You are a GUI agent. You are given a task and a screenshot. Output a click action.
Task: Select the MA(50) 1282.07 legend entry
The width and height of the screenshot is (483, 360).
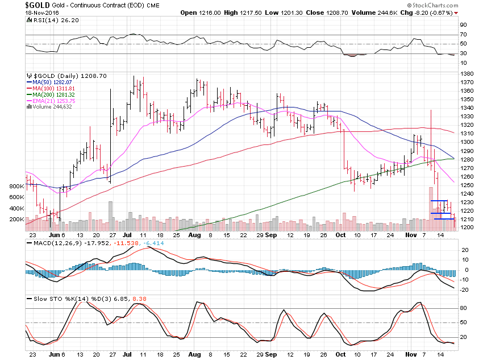[51, 83]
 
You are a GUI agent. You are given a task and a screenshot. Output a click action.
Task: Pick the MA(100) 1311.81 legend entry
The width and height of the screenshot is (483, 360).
[52, 89]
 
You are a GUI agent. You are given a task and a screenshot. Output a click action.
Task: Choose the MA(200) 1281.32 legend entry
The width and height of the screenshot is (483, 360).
[52, 94]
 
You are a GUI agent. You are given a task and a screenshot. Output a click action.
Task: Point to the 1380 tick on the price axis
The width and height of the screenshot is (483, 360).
[467, 74]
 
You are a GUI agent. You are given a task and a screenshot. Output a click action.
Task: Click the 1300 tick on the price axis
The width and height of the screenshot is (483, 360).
[467, 142]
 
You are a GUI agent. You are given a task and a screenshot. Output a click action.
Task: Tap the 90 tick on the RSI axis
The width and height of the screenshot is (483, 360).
[463, 25]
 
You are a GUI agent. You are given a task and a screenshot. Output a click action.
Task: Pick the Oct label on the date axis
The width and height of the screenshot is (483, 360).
[340, 234]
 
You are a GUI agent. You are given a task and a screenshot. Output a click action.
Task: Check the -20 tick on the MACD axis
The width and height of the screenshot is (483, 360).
[464, 290]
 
